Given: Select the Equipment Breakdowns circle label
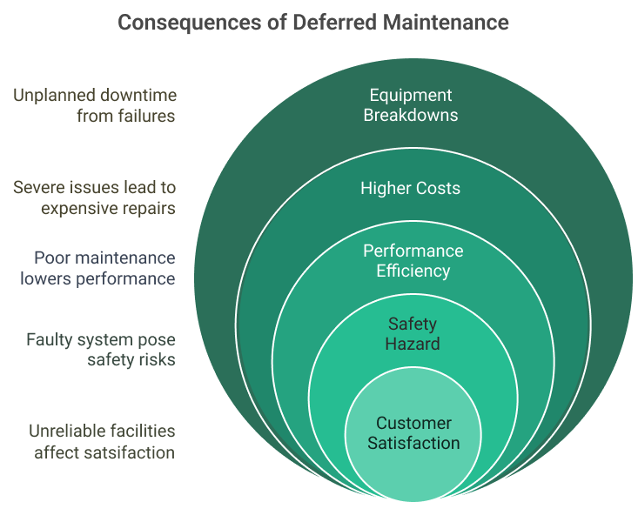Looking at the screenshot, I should [x=410, y=104].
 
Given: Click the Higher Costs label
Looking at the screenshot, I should [x=410, y=188].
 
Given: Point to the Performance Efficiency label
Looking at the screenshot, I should [x=413, y=260].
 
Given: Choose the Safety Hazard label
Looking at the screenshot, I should [x=413, y=333].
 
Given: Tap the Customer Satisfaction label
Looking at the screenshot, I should [x=413, y=432].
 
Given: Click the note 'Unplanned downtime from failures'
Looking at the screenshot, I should [x=94, y=104].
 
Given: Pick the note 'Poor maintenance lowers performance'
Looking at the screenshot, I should [x=104, y=268].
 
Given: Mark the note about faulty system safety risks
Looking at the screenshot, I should [x=100, y=349].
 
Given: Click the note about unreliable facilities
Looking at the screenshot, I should [x=102, y=441].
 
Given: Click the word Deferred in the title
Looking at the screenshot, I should [x=321, y=22].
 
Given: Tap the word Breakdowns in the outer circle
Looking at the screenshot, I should [x=410, y=115].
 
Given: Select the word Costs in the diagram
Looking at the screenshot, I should [x=438, y=188].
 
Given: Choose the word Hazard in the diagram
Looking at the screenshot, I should [x=413, y=344].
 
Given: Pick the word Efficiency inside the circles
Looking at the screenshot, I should [x=413, y=271].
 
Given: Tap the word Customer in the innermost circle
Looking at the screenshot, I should [x=413, y=423].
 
